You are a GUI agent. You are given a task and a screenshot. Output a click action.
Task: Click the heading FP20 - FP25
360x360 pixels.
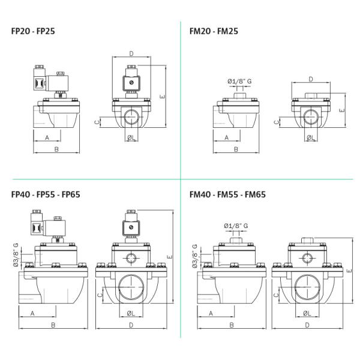pyautogui.click(x=33, y=31)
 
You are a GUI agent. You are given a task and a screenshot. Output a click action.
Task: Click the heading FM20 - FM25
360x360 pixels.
pyautogui.click(x=214, y=31)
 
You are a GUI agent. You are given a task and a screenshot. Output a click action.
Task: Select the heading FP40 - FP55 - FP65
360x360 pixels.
pyautogui.click(x=46, y=194)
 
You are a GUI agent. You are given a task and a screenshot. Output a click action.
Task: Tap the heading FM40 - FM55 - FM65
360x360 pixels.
pyautogui.click(x=227, y=194)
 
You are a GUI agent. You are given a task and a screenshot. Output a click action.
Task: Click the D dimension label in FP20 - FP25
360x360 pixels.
pyautogui.click(x=131, y=54)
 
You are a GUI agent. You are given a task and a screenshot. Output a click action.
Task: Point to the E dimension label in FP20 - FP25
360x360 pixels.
pyautogui.click(x=163, y=97)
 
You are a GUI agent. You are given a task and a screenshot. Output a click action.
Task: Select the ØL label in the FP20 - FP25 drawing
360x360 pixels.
pyautogui.click(x=131, y=138)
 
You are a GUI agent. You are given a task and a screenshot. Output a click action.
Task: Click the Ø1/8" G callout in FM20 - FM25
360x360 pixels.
pyautogui.click(x=239, y=81)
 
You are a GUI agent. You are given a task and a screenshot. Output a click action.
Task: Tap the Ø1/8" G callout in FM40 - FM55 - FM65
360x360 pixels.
pyautogui.click(x=236, y=226)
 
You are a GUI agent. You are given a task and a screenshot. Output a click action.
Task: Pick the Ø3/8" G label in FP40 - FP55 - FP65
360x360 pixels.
pyautogui.click(x=16, y=255)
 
